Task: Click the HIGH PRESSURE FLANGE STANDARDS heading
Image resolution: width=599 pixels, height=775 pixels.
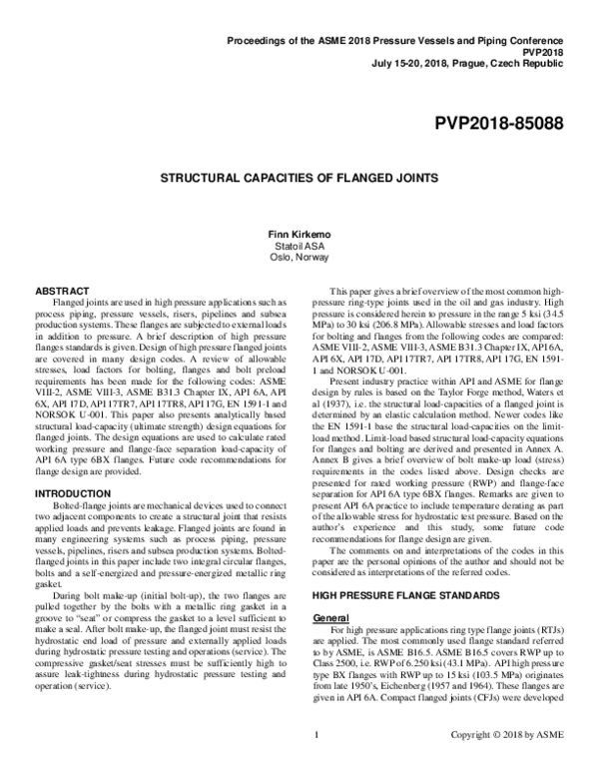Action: tap(386, 623)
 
